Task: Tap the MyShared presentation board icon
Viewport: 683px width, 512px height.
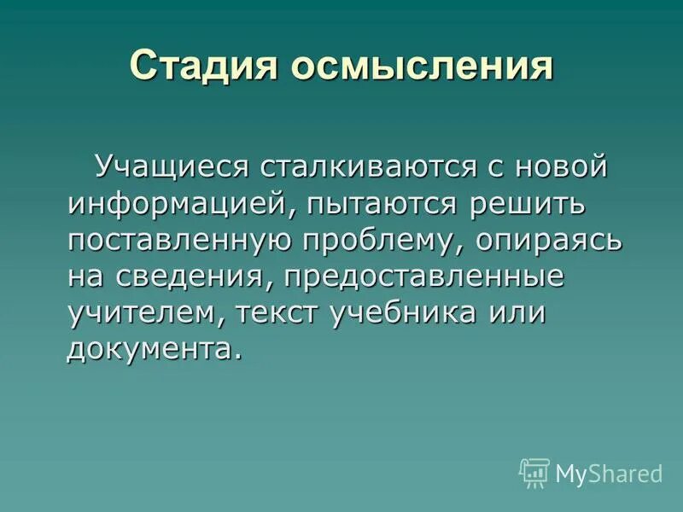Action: point(534,472)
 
